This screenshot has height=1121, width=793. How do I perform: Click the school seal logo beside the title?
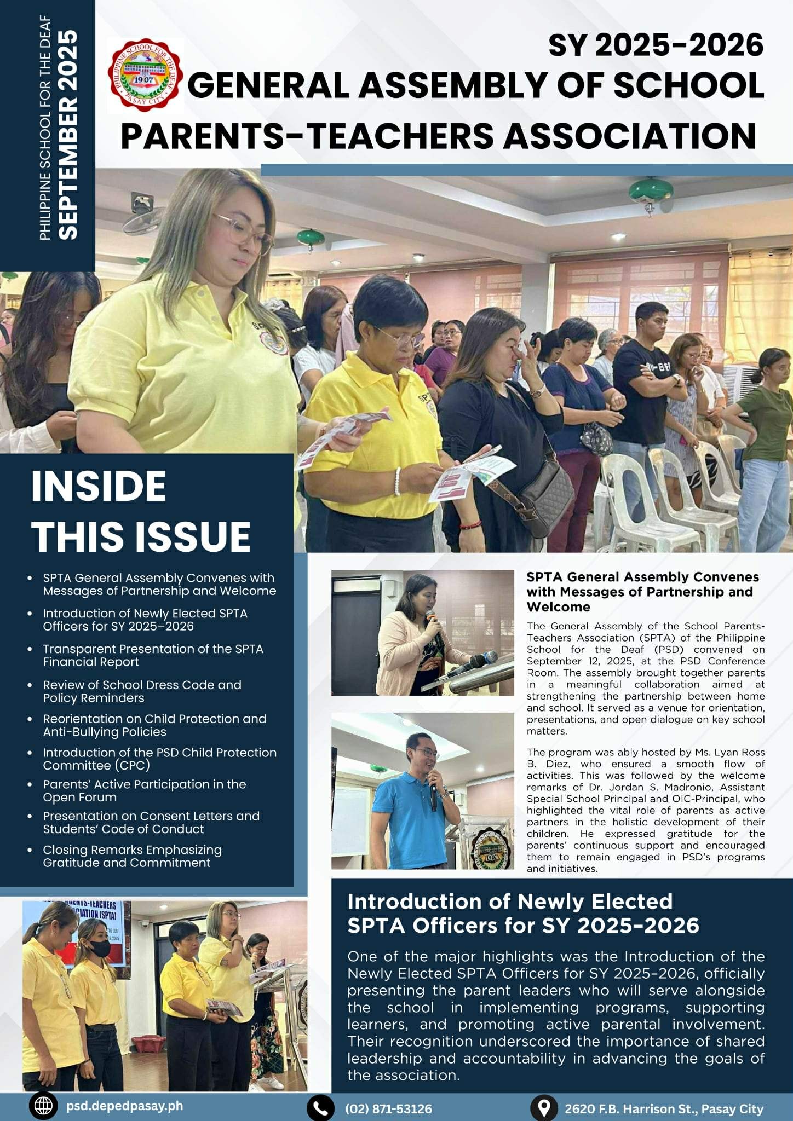click(145, 75)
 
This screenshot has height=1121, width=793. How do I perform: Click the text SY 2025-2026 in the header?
click(656, 45)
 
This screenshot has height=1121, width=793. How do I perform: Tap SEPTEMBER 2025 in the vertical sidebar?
click(68, 134)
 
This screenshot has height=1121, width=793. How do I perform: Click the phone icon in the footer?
click(320, 1108)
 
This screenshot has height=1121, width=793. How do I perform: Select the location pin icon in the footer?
click(544, 1108)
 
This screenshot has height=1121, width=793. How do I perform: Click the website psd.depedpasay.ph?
click(124, 1106)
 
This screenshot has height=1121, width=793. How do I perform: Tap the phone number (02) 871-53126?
click(388, 1108)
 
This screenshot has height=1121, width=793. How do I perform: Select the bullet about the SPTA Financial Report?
click(153, 655)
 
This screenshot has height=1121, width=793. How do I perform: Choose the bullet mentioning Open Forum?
click(144, 790)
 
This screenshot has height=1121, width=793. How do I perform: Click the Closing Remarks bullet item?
click(132, 856)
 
